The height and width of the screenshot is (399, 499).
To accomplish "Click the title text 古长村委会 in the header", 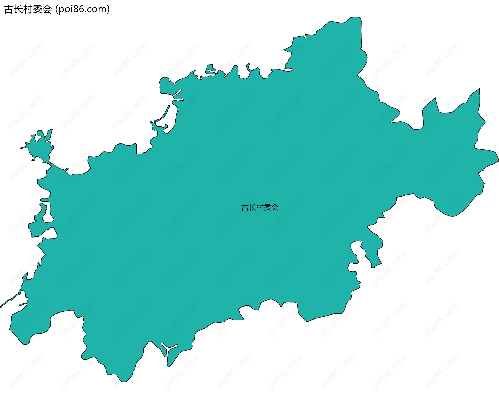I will coord(28,10).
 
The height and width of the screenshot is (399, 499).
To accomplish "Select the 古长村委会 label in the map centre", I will coord(260,207).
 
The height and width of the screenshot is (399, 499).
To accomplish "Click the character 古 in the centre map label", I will coord(245,207).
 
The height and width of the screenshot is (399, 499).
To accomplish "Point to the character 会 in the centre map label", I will coord(275,207).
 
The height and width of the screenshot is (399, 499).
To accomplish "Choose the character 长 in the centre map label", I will coord(253,207).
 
